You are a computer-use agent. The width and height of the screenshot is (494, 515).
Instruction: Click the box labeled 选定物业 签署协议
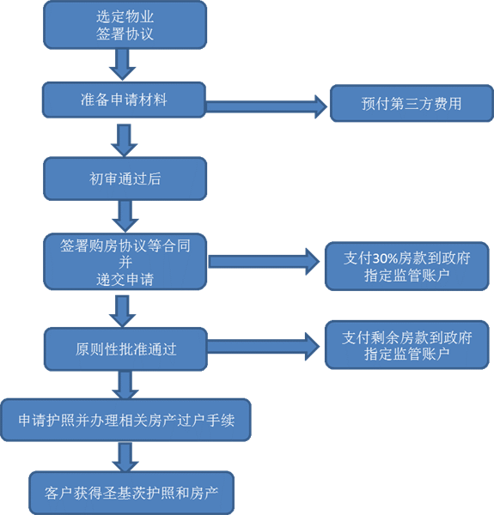125,25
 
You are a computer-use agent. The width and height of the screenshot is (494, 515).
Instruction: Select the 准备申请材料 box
124,100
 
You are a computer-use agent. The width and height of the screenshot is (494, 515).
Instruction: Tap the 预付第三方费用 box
412,104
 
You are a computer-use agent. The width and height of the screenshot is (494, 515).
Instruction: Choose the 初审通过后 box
125,179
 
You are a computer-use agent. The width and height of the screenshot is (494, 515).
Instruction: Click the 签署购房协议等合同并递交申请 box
125,262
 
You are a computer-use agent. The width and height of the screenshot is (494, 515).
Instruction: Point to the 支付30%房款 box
407,266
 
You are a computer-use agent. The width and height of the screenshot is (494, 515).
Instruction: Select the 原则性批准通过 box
125,349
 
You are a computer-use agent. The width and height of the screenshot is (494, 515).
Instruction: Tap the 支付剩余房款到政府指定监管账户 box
407,345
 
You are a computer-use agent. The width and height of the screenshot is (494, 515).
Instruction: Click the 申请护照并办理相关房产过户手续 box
126,420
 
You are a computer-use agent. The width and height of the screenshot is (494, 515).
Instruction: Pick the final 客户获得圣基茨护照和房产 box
131,493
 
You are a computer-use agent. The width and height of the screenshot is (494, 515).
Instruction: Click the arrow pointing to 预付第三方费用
266,106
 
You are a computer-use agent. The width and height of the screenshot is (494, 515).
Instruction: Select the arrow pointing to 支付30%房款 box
264,262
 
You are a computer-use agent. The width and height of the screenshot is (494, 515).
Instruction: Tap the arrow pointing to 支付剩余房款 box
263,347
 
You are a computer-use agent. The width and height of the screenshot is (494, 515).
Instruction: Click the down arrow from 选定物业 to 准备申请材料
122,64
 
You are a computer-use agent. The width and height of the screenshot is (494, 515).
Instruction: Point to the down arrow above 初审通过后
124,140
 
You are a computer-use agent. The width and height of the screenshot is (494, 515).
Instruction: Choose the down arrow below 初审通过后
125,216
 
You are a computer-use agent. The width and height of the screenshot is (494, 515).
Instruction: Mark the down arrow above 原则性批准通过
122,311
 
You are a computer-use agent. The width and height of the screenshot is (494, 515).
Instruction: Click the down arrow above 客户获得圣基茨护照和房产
125,457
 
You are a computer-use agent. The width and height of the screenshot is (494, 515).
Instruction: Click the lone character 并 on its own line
125,263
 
